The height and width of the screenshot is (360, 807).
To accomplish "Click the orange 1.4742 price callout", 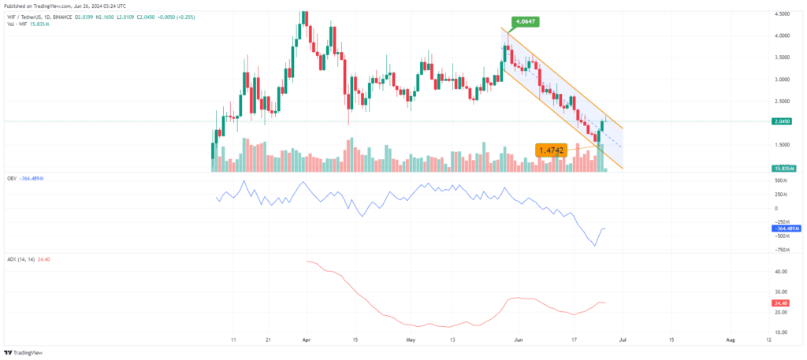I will tap(552, 149).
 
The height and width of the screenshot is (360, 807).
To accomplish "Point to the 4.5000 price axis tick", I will tap(783, 13).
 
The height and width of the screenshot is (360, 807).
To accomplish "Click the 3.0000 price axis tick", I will tap(783, 79).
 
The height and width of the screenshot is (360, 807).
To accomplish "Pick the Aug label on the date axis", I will tap(731, 340).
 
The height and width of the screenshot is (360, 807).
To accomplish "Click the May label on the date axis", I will tap(410, 340).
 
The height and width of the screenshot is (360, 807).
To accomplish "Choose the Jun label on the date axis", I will tap(518, 340).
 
